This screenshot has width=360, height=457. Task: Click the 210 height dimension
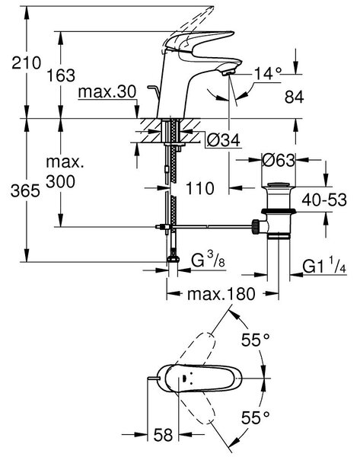pos(27,62)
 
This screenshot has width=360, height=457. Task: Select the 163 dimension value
pos(61,75)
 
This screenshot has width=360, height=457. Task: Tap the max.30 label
pos(107,92)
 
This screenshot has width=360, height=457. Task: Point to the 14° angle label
pos(268,73)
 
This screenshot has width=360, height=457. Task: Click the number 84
pos(295,97)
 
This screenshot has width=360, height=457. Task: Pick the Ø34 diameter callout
pos(224,140)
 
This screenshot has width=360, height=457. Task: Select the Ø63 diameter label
pos(279,160)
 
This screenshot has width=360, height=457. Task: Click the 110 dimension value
pos(200,188)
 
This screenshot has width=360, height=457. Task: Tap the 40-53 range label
pos(324,200)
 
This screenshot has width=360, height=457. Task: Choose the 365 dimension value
pos(25,191)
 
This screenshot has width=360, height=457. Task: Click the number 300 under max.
pos(61,182)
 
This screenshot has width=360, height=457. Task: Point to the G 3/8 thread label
pos(208,259)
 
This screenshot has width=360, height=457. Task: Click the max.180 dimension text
pos(221,294)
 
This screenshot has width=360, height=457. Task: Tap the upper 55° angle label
pos(256,340)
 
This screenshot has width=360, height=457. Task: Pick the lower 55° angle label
pos(256,417)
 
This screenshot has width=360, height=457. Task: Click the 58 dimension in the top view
pos(163,435)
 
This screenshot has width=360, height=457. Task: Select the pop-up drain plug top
pos(279,185)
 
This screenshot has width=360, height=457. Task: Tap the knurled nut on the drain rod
pos(256,227)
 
